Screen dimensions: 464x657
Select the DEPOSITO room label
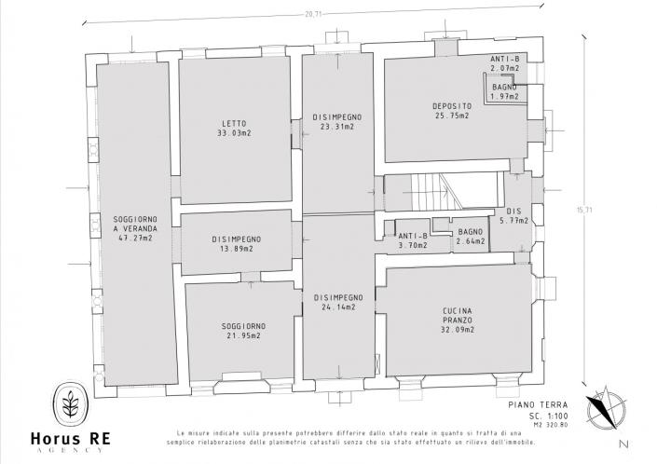tap(451, 106)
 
